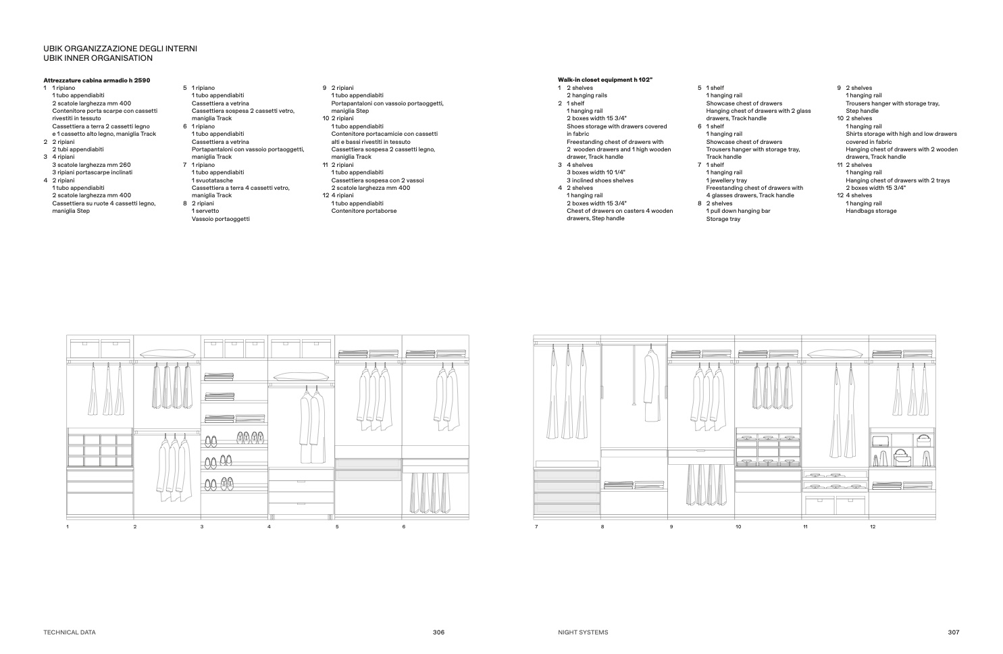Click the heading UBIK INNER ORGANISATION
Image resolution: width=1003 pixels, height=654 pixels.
click(x=98, y=58)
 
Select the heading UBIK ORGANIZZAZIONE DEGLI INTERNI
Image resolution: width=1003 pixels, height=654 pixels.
click(x=120, y=49)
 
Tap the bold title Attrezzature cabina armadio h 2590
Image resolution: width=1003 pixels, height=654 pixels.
click(x=97, y=80)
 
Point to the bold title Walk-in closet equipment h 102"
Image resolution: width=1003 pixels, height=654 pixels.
click(x=605, y=80)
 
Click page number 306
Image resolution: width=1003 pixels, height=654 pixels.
click(x=439, y=632)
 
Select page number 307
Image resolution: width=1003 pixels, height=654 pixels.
click(x=953, y=632)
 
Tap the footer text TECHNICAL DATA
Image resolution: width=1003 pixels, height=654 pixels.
click(x=70, y=632)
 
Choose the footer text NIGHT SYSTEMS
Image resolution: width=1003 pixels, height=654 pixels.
click(x=583, y=632)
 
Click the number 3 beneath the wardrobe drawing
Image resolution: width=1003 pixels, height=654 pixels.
click(x=201, y=526)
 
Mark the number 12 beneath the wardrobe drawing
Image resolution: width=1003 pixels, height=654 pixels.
click(x=873, y=526)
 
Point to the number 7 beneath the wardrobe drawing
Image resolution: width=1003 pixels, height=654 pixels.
click(x=536, y=526)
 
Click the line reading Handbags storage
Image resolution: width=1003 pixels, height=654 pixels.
click(x=871, y=211)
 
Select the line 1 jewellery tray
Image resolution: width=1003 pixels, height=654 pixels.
click(x=727, y=180)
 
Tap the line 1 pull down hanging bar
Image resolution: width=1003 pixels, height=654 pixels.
click(x=738, y=211)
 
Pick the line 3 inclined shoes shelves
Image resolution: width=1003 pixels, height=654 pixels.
click(x=600, y=180)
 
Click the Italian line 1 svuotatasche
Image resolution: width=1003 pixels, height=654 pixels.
click(x=212, y=180)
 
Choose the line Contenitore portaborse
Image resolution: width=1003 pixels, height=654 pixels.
click(x=364, y=211)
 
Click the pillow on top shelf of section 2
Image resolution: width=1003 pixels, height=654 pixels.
click(x=167, y=353)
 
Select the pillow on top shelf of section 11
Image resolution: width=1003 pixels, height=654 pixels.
click(x=835, y=353)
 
